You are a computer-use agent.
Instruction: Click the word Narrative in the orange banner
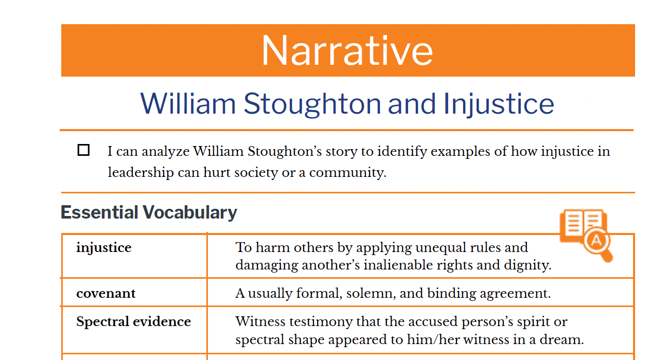click(x=347, y=50)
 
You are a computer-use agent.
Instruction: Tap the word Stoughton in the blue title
click(x=312, y=104)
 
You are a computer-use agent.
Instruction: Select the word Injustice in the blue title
click(x=499, y=104)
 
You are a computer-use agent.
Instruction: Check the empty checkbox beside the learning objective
click(x=83, y=150)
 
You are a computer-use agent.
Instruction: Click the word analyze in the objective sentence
click(x=166, y=152)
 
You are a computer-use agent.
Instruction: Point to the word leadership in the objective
click(x=141, y=173)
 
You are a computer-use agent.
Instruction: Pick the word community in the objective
click(x=347, y=173)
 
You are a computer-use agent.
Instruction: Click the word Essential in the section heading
click(x=99, y=212)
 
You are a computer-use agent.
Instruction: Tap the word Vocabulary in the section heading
click(x=190, y=213)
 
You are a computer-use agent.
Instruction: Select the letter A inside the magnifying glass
click(x=596, y=240)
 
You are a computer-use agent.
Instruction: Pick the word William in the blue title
click(x=188, y=103)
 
